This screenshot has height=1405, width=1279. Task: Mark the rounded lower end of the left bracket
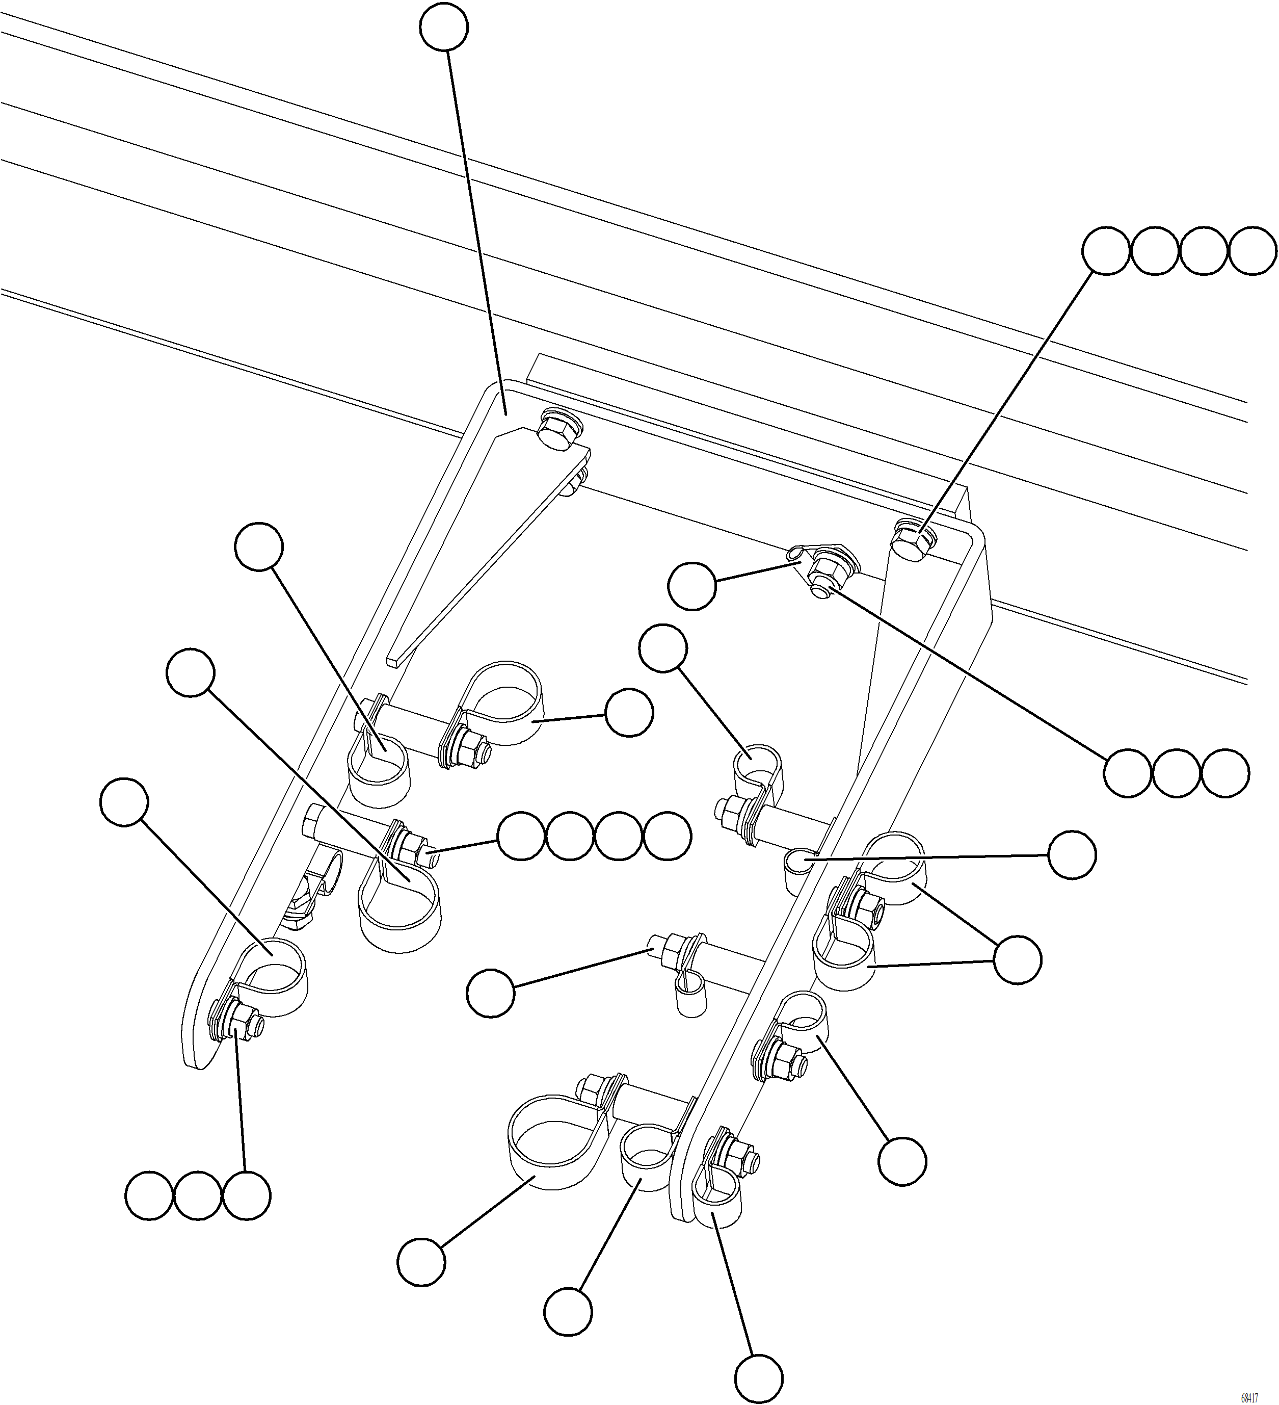tap(197, 1046)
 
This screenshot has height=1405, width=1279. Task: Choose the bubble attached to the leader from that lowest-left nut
tap(247, 1194)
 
